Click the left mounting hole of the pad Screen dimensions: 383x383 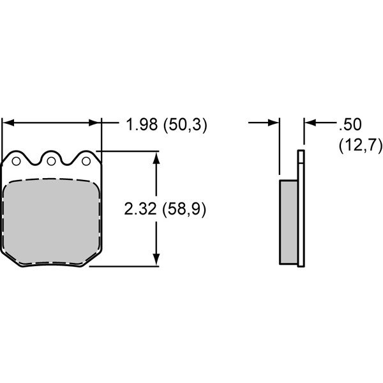tap(16, 161)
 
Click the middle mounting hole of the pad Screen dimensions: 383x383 tap(51, 161)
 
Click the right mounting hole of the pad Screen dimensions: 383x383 tap(86, 161)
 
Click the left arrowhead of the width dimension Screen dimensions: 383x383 tap(8, 123)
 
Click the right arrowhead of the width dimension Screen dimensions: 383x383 tap(95, 123)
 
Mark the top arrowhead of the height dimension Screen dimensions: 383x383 tap(156, 158)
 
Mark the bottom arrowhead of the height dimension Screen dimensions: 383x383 tap(156, 260)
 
